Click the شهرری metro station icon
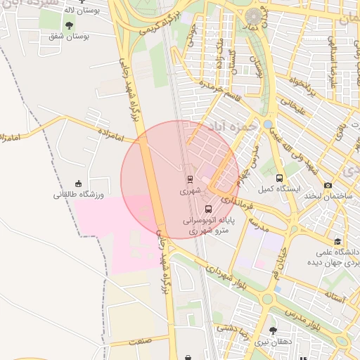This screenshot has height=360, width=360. [x=189, y=179]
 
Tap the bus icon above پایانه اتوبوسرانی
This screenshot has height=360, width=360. [x=207, y=209]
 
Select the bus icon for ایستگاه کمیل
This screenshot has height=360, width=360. [x=280, y=178]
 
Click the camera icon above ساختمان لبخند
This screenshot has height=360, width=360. [x=328, y=186]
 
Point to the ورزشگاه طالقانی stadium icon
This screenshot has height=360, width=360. [x=78, y=184]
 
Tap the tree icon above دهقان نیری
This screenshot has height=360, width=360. [x=273, y=330]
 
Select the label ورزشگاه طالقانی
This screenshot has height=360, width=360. [x=78, y=195]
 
